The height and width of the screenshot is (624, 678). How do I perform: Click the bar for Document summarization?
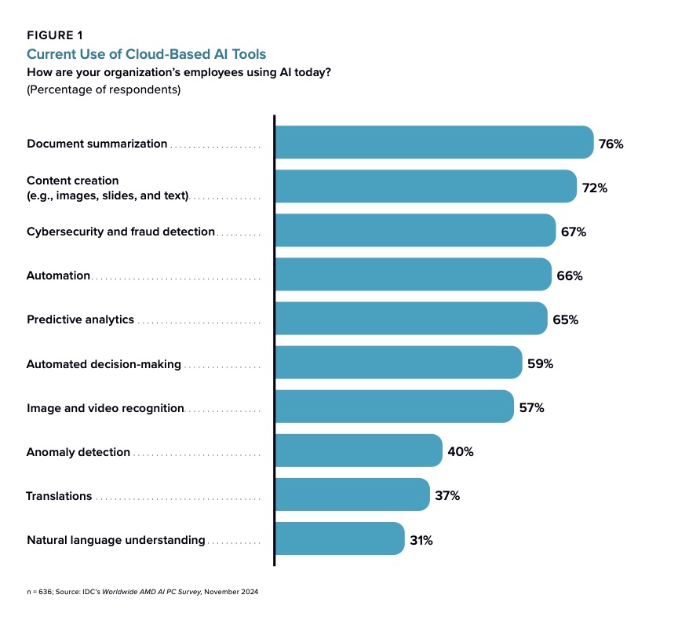tap(433, 143)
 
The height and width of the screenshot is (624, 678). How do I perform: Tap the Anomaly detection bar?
tap(358, 451)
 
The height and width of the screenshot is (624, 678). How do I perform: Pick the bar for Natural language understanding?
tap(339, 538)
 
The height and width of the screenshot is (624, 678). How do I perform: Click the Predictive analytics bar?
tap(410, 319)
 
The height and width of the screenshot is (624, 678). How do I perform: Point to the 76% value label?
tap(611, 144)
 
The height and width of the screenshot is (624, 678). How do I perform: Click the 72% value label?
tap(595, 188)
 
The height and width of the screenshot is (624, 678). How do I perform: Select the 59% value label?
tap(541, 364)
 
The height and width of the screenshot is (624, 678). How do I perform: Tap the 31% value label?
tap(421, 540)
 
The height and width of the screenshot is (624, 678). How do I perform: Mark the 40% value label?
tap(461, 452)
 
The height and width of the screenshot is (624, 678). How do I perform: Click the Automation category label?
tap(59, 276)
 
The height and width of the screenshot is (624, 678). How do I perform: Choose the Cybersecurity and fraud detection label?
tap(121, 232)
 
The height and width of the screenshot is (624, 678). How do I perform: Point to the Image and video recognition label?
tap(105, 408)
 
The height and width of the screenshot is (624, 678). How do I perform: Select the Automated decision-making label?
tap(104, 364)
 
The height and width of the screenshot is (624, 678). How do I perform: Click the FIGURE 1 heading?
tap(55, 35)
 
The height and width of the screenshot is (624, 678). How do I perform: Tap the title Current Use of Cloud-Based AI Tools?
tap(147, 54)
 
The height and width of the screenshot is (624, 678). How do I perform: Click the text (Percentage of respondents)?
tap(104, 89)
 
